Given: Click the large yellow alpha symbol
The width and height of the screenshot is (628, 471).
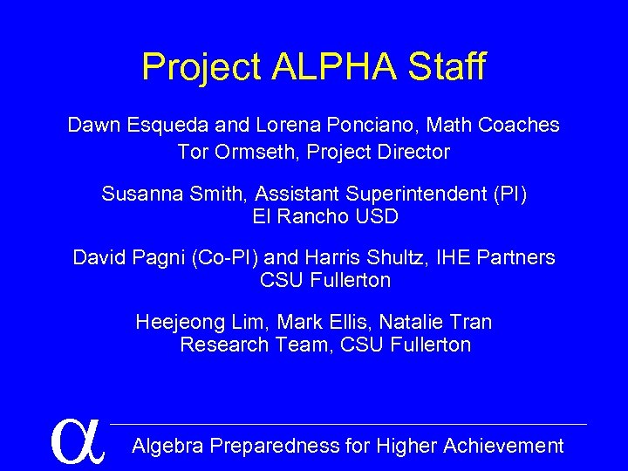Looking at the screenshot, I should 78,440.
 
